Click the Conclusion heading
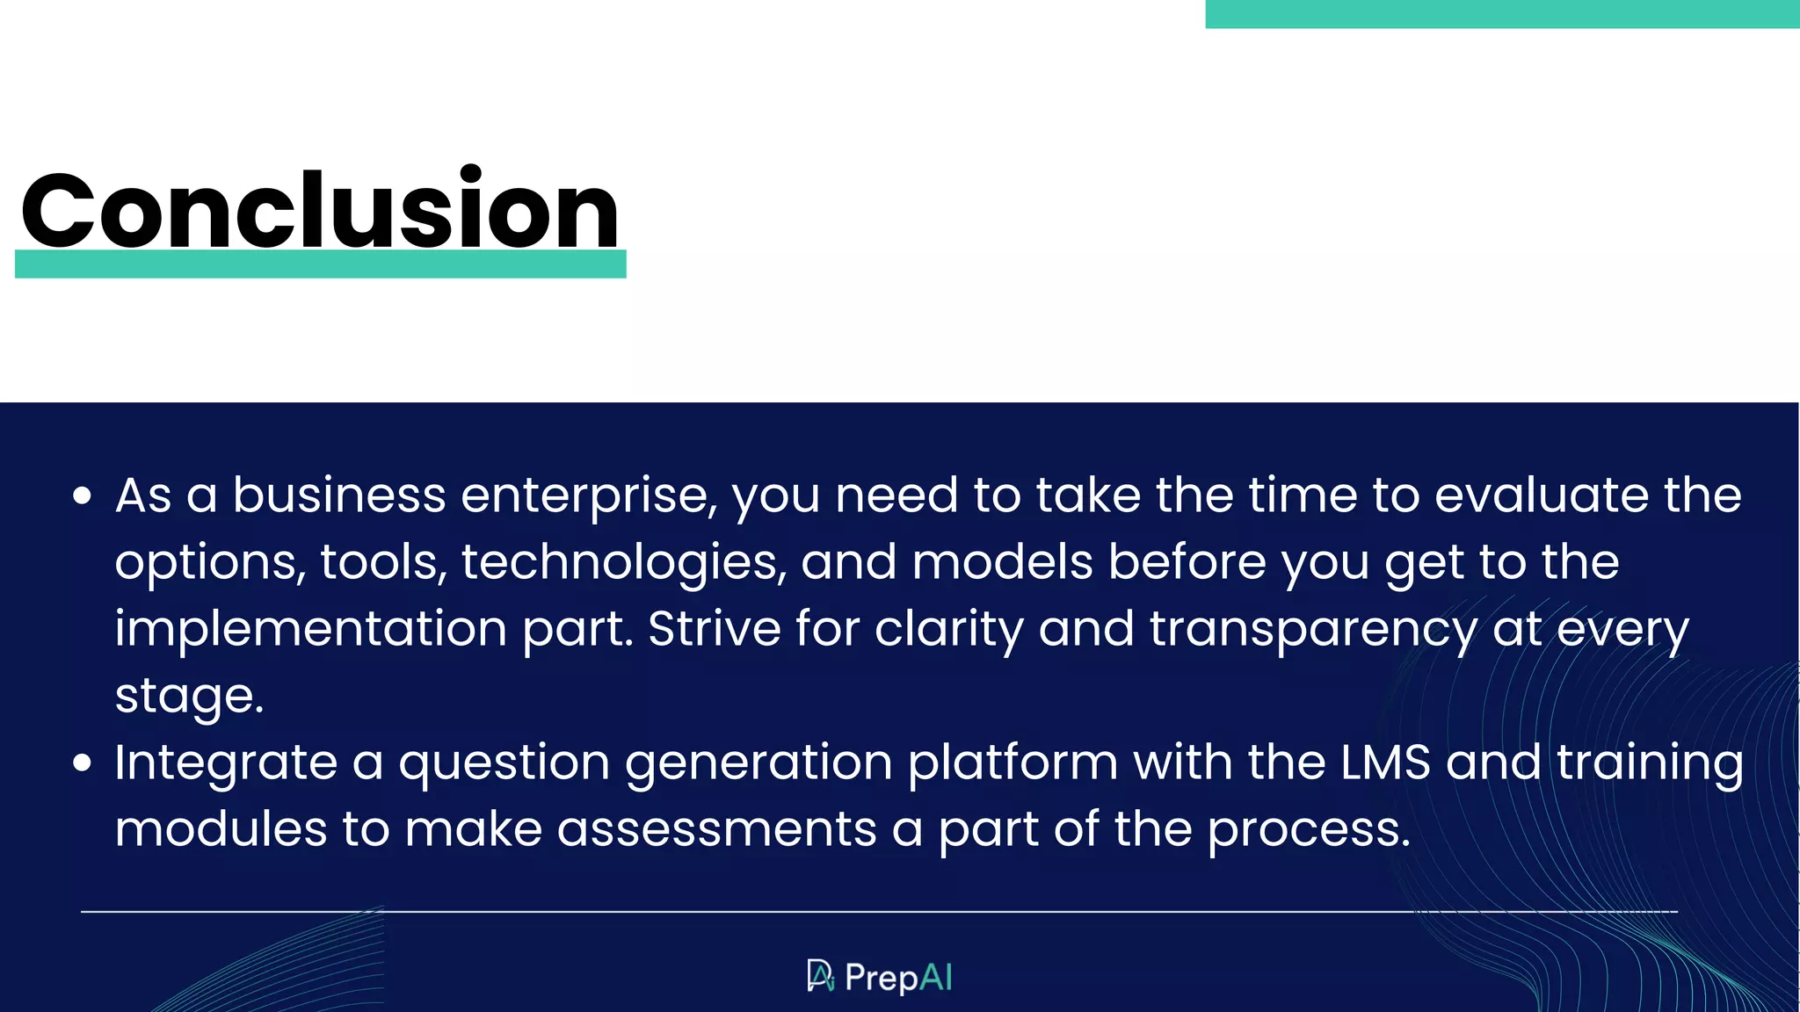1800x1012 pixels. tap(320, 211)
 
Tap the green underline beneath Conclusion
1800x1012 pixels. tap(320, 264)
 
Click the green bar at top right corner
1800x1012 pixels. tap(1501, 14)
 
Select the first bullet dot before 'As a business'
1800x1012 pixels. tap(83, 496)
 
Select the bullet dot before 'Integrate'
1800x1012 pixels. tap(83, 763)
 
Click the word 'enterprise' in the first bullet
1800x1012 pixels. tap(589, 496)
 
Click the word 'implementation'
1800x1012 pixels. tap(311, 630)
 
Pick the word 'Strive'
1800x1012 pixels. tap(714, 629)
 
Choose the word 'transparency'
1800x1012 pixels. tap(1313, 630)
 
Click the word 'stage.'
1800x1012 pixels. tap(189, 697)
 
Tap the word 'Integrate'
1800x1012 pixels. tap(226, 763)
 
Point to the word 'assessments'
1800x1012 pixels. tap(716, 829)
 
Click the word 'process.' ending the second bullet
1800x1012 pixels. tap(1309, 831)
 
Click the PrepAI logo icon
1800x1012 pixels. tap(820, 976)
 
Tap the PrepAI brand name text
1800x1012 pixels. tap(898, 978)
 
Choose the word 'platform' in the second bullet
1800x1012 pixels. tap(1012, 763)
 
